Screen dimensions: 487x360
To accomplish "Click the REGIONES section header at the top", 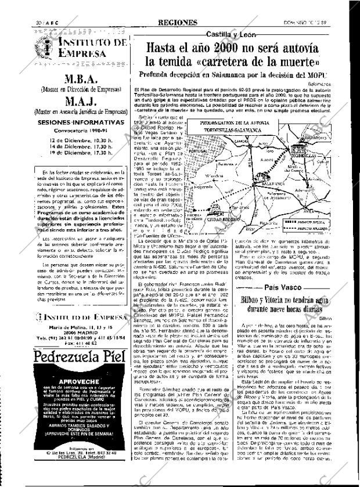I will [x=177, y=23].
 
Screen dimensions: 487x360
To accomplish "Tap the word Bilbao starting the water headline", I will [x=253, y=301].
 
